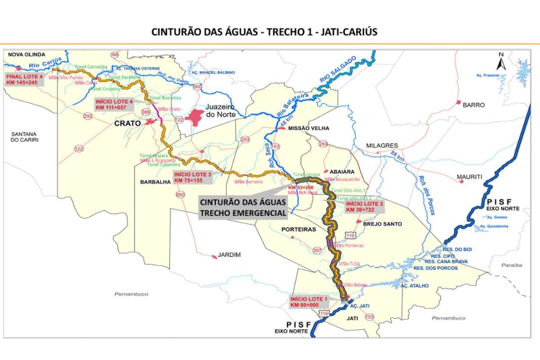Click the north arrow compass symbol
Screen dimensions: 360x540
pos(501,62)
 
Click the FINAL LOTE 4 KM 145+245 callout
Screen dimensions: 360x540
pos(25,79)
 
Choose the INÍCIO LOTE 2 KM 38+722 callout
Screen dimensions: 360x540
pos(364,206)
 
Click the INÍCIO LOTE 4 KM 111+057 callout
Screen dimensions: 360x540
pos(114,104)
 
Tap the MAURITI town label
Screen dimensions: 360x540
pos(469,177)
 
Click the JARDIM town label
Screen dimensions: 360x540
pos(230,255)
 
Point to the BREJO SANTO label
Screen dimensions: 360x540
pos(383,224)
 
